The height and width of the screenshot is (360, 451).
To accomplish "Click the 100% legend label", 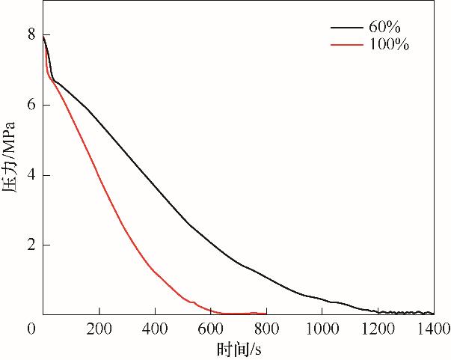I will (x=389, y=46).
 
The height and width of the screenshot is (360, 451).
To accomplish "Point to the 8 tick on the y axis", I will (x=31, y=34).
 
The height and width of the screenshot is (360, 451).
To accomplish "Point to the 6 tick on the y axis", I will (x=31, y=105).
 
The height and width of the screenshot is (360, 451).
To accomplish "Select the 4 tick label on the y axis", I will (x=31, y=175).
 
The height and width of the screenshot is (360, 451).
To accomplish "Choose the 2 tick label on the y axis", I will (x=31, y=245).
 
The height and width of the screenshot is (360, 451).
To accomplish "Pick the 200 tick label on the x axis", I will (x=99, y=329).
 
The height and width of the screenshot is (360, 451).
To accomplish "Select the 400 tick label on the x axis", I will (x=155, y=329).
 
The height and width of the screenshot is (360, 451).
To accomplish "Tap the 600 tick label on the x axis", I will (x=211, y=329).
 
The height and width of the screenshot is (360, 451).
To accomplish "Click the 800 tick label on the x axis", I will (x=267, y=329).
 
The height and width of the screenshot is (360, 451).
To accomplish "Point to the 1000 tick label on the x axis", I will (x=321, y=329).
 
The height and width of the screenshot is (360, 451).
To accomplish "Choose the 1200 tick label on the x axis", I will (x=377, y=329).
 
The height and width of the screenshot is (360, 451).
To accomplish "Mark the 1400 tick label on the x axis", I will (x=432, y=329).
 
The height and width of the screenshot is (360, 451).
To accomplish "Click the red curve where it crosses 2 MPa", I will (x=135, y=245).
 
